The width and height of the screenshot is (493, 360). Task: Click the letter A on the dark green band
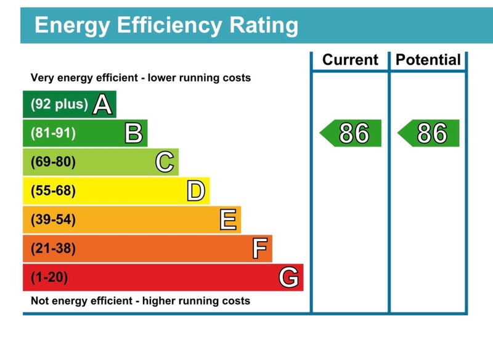102,105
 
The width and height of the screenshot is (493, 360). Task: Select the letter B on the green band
134,134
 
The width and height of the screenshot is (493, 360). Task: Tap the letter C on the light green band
165,163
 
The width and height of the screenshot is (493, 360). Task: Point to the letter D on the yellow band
196,191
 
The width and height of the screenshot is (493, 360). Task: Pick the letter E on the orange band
228,220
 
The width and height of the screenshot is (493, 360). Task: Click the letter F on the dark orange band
259,249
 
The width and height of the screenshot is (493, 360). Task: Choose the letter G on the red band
289,277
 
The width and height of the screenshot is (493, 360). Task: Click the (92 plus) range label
59,104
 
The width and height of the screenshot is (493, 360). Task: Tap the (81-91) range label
53,133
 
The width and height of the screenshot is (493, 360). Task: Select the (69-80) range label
53,162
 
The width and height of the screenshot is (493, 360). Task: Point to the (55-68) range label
53,191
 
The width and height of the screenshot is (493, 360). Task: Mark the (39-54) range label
53,220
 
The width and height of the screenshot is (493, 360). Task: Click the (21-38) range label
53,249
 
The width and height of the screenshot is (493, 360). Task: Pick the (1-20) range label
49,277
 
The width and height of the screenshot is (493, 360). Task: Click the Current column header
350,60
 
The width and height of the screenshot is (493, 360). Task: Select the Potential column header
428,60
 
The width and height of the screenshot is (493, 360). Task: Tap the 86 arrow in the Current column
351,134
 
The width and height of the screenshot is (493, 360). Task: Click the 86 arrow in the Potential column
430,134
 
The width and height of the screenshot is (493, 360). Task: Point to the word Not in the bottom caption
40,301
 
